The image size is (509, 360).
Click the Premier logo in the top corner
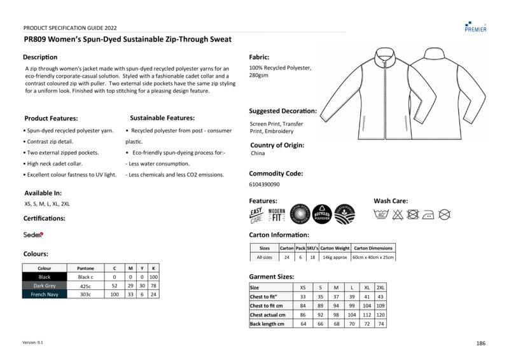pos(475,25)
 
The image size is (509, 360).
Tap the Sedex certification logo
pos(33,235)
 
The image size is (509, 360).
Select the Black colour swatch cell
pos(45,277)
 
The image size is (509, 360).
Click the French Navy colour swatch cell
pos(45,294)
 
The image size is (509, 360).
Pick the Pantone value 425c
pos(85,286)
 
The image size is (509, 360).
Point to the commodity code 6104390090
pos(264,184)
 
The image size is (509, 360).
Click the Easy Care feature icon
pos(256,215)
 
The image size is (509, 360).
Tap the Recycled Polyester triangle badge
pos(321,214)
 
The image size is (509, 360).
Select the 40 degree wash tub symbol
pos(381,214)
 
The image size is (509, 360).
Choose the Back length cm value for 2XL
pos(380,324)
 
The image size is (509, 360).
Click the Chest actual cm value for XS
pos(303,315)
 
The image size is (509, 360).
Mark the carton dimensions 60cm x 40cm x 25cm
pos(373,258)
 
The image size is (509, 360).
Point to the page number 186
pos(480,343)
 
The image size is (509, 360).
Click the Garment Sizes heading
pos(271,277)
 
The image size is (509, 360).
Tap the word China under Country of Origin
pos(258,153)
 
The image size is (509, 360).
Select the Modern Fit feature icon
pos(277,215)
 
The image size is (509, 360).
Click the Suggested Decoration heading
pos(282,111)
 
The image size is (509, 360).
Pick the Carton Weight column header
pos(335,248)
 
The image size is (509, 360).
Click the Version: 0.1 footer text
pos(33,342)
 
